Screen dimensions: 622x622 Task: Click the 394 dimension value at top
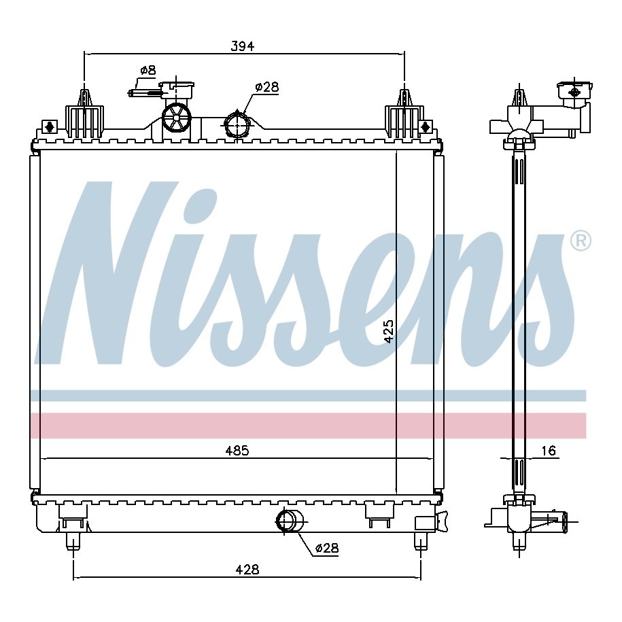pos(243,46)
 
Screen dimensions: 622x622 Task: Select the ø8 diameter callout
pos(148,71)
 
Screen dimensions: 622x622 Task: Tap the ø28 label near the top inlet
pos(267,87)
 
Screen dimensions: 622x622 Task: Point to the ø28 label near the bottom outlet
pos(327,548)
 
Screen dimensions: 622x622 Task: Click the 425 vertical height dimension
pos(389,331)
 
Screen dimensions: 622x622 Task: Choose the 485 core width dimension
pos(237,451)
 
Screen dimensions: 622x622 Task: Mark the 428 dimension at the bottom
pos(247,570)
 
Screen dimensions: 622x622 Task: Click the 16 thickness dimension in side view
pos(548,451)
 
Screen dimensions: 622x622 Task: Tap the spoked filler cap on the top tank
pos(177,117)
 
